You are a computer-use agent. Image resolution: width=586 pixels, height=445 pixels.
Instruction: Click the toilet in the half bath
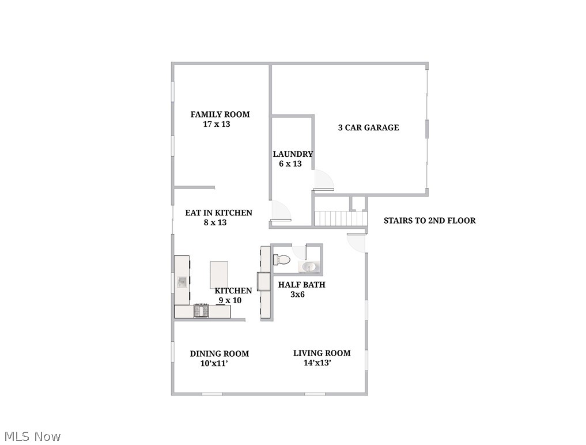click(x=282, y=259)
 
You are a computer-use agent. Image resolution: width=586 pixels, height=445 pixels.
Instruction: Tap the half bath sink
click(x=309, y=266)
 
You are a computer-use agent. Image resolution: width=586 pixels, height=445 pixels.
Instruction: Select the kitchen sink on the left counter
click(x=182, y=281)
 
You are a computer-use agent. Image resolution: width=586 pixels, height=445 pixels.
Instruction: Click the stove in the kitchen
click(x=201, y=311)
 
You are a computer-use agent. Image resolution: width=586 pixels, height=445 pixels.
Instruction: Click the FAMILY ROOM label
click(x=220, y=114)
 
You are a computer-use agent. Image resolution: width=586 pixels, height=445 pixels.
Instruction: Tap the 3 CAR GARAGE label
click(x=368, y=127)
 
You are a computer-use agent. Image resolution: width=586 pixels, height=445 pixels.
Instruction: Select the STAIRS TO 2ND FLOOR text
click(x=429, y=220)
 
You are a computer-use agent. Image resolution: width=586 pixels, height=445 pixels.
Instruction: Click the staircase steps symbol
click(x=341, y=218)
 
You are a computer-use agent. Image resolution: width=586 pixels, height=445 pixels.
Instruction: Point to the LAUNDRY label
click(x=293, y=154)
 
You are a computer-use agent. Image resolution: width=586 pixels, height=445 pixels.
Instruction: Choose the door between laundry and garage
click(x=323, y=180)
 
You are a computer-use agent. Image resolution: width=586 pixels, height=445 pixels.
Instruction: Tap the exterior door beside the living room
click(x=357, y=243)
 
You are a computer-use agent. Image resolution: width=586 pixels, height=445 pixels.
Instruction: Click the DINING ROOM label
click(x=220, y=353)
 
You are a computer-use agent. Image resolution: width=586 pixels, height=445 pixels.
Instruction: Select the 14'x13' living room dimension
click(x=317, y=363)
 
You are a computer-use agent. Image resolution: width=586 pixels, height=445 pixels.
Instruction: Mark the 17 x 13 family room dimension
click(x=217, y=124)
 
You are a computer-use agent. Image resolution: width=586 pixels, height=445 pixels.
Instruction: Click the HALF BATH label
click(x=301, y=285)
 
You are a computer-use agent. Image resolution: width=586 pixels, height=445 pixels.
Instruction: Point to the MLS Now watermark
click(x=32, y=436)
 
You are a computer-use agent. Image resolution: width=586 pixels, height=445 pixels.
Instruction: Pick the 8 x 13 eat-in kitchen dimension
click(x=215, y=223)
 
